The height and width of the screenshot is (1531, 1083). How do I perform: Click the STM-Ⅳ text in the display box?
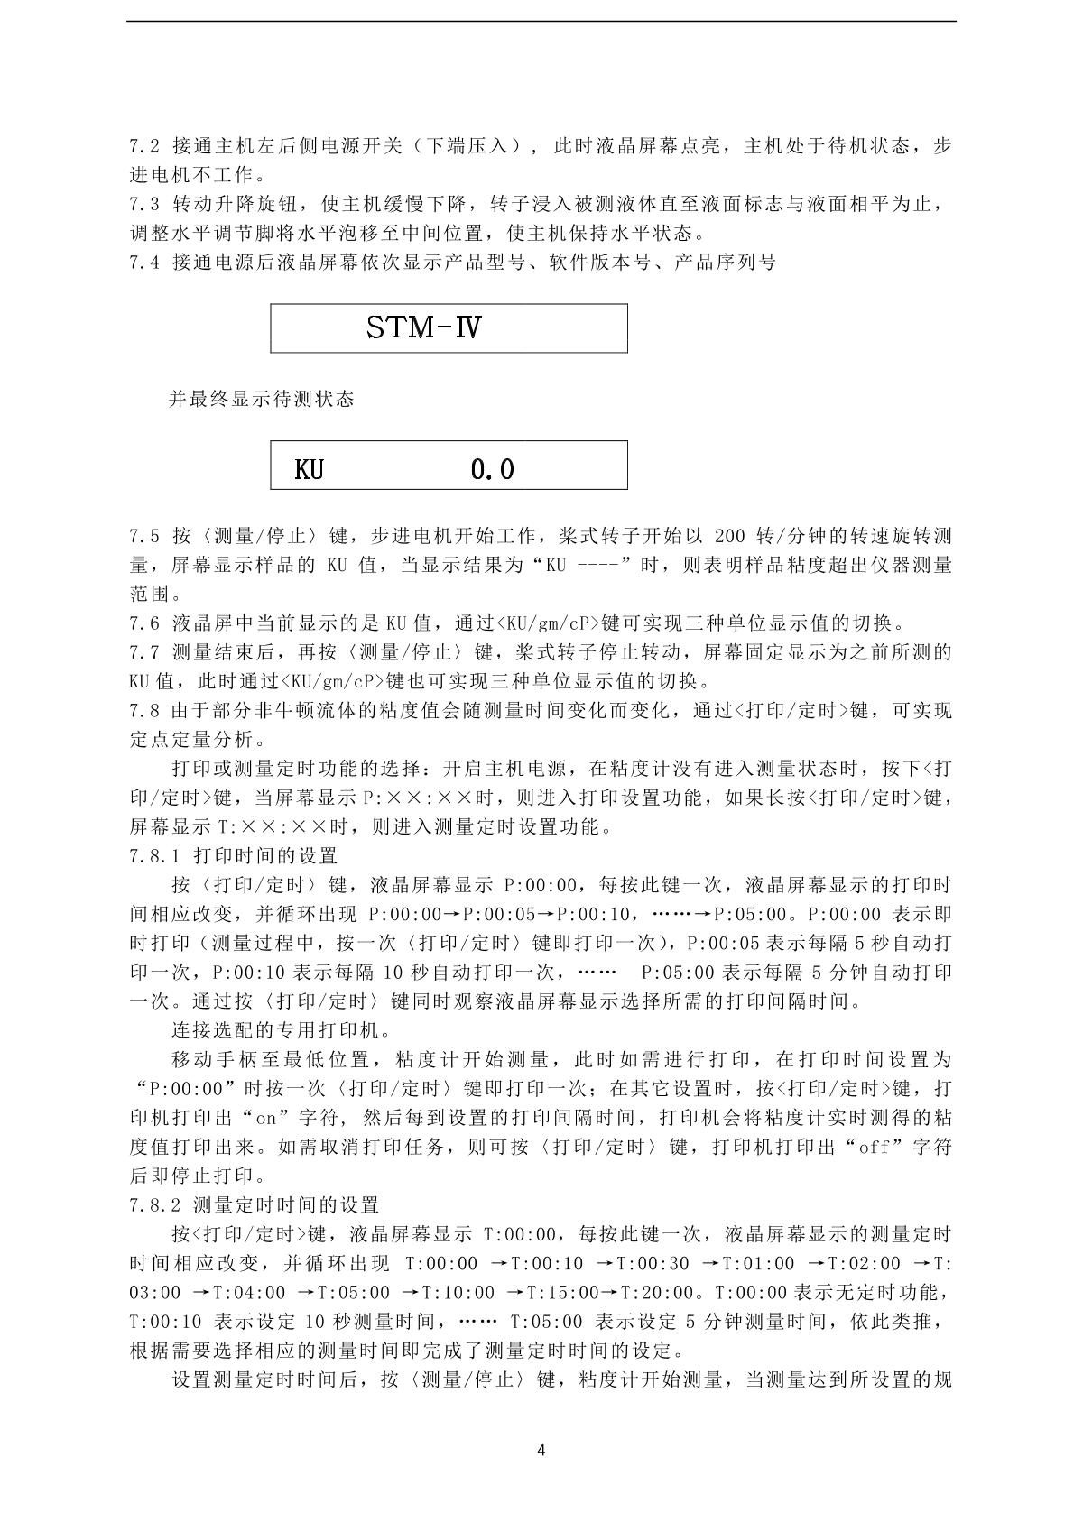[423, 327]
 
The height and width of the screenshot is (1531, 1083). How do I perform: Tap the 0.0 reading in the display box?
[493, 469]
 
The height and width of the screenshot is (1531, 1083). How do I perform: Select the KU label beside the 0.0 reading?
[309, 469]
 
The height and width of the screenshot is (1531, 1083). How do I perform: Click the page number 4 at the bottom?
[541, 1451]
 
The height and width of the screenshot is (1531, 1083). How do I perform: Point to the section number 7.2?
[143, 146]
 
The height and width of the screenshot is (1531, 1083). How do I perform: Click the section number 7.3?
[143, 205]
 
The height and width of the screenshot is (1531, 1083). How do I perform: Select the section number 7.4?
[143, 263]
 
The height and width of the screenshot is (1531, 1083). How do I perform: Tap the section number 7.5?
[143, 536]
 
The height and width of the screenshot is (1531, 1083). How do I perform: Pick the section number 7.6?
[143, 623]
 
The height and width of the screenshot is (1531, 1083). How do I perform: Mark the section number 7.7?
[143, 652]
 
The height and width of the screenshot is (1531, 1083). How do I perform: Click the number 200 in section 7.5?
[729, 536]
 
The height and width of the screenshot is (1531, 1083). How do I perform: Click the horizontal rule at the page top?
[541, 22]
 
